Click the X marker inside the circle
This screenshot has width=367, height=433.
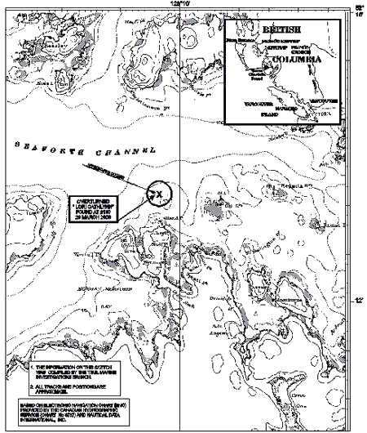tap(160, 194)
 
